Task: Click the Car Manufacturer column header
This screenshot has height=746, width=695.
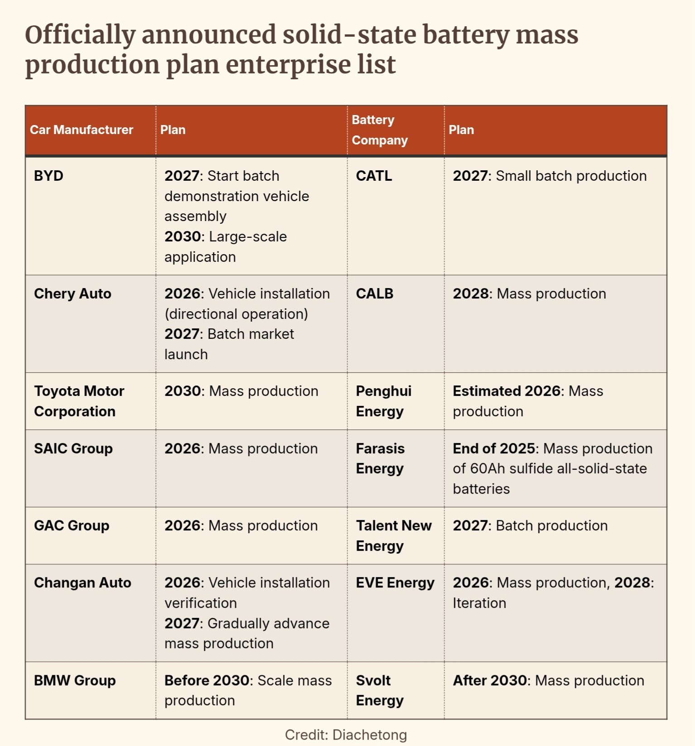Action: pyautogui.click(x=81, y=130)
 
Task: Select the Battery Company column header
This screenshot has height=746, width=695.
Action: pyautogui.click(x=379, y=130)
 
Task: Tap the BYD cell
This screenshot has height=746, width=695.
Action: pyautogui.click(x=48, y=176)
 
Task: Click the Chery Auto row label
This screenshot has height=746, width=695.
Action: pyautogui.click(x=72, y=294)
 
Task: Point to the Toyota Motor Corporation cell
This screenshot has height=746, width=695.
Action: pyautogui.click(x=79, y=401)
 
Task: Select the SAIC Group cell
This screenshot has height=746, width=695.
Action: pyautogui.click(x=73, y=448)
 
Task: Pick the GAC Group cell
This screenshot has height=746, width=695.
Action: pyautogui.click(x=72, y=525)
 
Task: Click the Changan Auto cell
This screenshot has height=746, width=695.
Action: pyautogui.click(x=82, y=582)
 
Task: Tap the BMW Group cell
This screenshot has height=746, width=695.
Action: pyautogui.click(x=75, y=680)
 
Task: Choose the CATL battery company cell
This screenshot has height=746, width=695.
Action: pyautogui.click(x=374, y=176)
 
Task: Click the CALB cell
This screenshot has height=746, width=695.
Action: pyautogui.click(x=374, y=294)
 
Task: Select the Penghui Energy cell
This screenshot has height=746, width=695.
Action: pyautogui.click(x=383, y=401)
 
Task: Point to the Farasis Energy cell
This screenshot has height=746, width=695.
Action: pyautogui.click(x=380, y=458)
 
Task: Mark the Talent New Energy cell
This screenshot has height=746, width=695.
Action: pyautogui.click(x=393, y=535)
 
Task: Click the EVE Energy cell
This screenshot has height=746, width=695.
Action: pyautogui.click(x=395, y=582)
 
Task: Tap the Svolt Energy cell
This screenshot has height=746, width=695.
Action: pyautogui.click(x=379, y=690)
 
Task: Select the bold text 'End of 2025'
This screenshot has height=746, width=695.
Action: pyautogui.click(x=494, y=448)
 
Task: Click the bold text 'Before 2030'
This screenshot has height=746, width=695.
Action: pyautogui.click(x=207, y=680)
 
